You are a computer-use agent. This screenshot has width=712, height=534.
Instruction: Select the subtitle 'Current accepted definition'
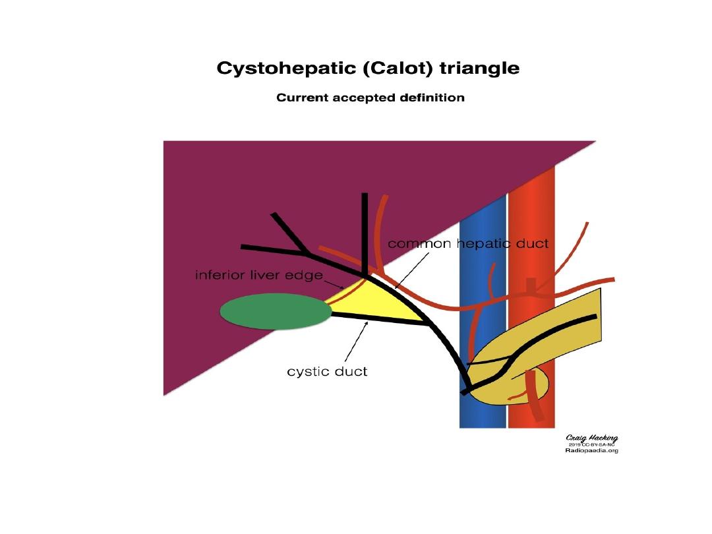[370, 98]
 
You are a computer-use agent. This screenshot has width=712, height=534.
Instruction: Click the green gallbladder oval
[276, 312]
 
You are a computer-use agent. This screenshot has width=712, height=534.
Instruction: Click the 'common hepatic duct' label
[467, 244]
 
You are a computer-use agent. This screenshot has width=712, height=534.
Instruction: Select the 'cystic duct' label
[327, 372]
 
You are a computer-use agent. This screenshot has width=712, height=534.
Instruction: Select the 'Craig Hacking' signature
[592, 438]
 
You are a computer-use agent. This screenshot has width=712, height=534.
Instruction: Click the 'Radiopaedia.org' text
[592, 451]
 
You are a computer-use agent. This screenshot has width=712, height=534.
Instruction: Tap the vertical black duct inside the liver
[364, 231]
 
